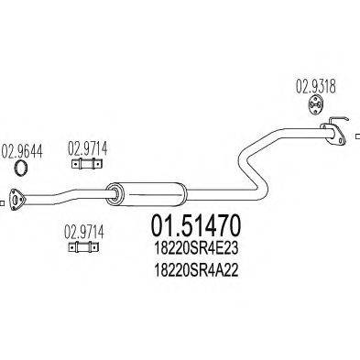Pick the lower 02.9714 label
pyautogui.click(x=82, y=233)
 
